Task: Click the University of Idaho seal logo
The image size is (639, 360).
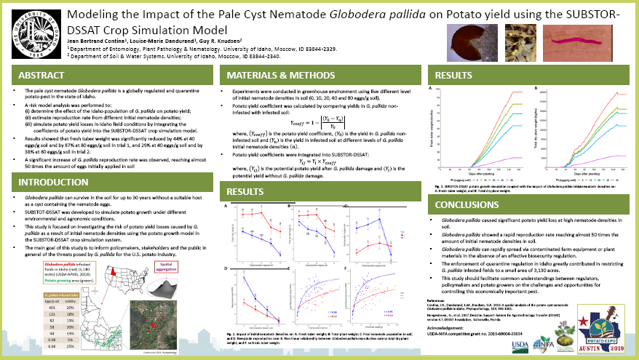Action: tap(34, 34)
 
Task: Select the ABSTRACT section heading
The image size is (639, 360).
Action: tap(43, 75)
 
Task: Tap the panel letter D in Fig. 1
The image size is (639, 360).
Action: tap(226, 266)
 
